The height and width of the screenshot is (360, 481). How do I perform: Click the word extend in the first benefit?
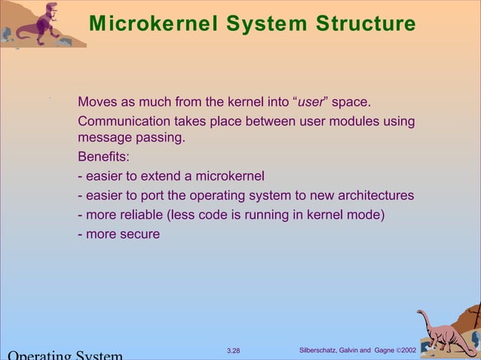pyautogui.click(x=168, y=177)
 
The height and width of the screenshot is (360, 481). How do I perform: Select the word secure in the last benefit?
pyautogui.click(x=139, y=233)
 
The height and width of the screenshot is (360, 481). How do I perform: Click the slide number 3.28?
pyautogui.click(x=234, y=350)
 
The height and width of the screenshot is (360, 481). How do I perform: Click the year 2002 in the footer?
pyautogui.click(x=414, y=350)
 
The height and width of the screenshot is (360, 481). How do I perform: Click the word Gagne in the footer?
pyautogui.click(x=384, y=350)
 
